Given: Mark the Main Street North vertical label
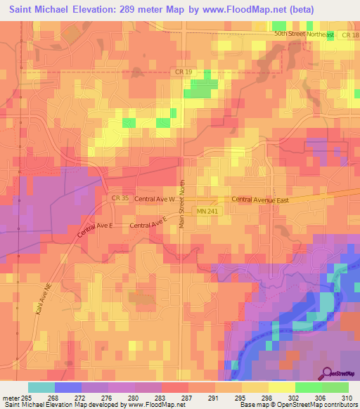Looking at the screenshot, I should (181, 202).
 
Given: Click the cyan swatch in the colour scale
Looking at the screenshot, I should (41, 387).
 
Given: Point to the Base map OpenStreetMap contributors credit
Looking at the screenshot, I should (298, 404).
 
